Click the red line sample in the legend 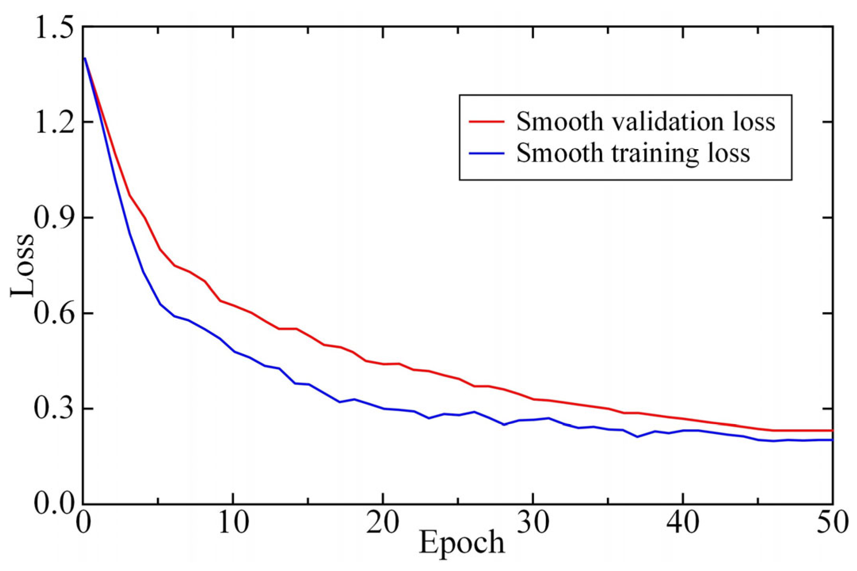coord(487,122)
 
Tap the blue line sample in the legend coord(487,153)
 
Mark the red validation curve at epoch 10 coord(233,305)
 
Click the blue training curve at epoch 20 coord(383,408)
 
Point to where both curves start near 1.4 coord(85,59)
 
